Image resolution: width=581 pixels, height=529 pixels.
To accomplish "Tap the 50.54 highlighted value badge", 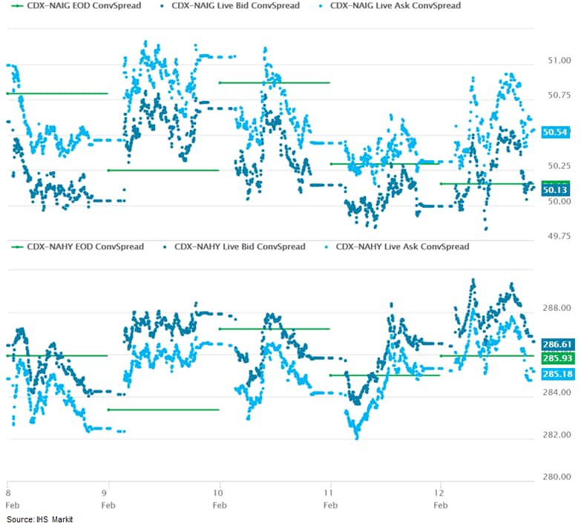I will pyautogui.click(x=556, y=132).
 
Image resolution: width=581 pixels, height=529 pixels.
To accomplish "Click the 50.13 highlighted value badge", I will pyautogui.click(x=556, y=190).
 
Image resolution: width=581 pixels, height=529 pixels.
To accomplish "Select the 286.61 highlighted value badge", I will pyautogui.click(x=556, y=344).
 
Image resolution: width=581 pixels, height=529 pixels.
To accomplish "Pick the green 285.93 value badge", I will pyautogui.click(x=556, y=358).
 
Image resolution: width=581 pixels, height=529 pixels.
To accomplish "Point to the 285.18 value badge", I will pyautogui.click(x=556, y=373).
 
